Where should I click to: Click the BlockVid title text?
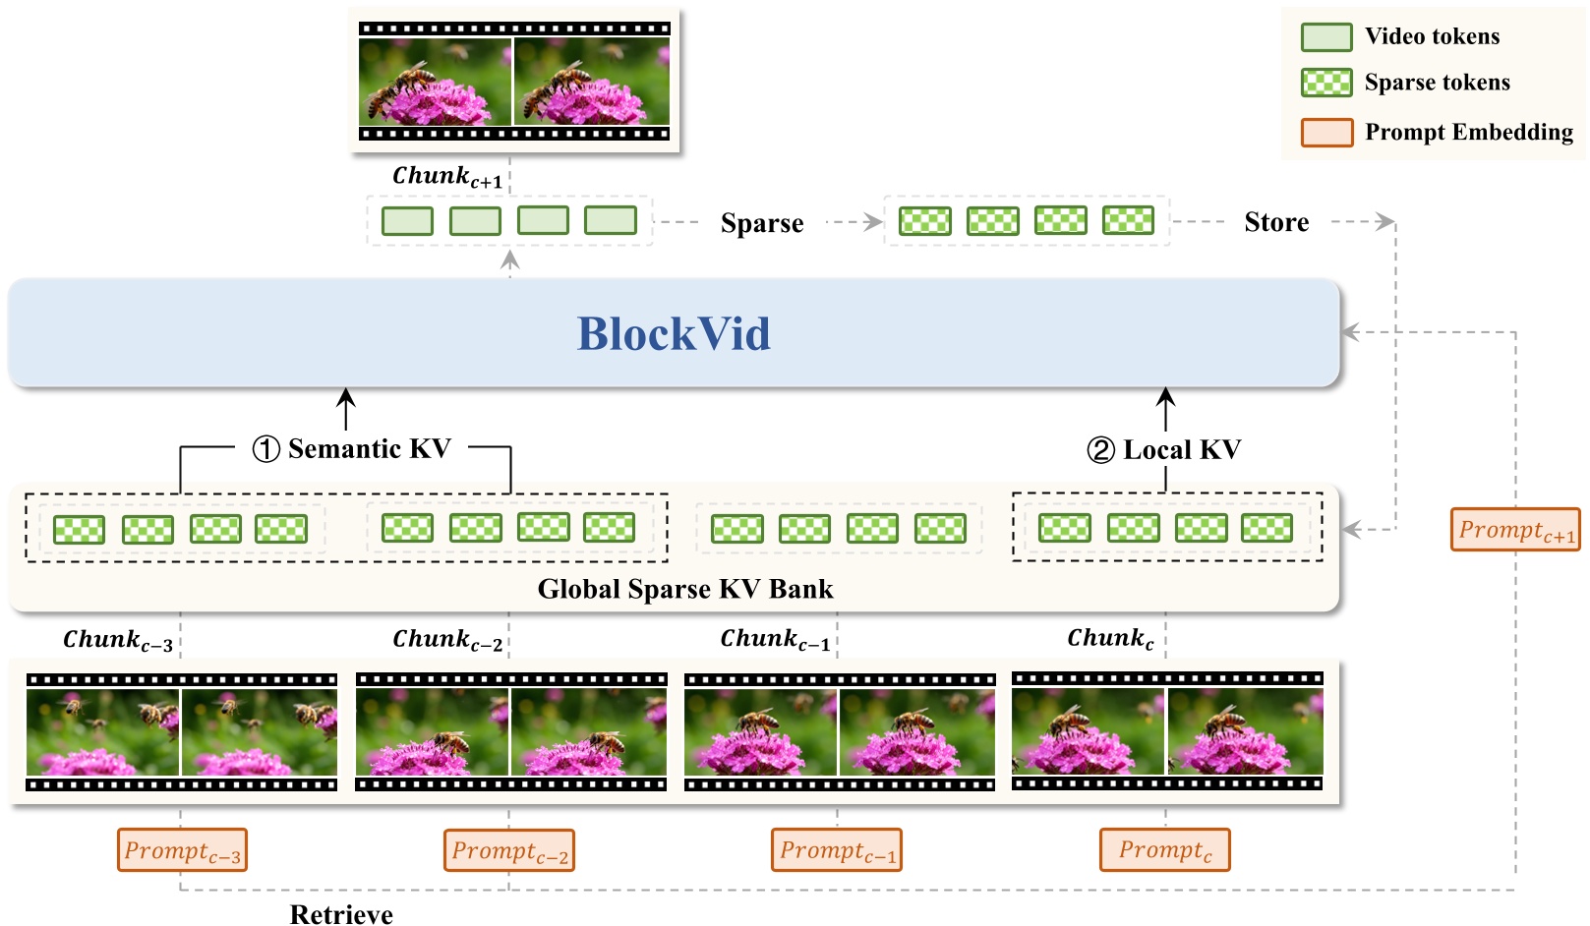pyautogui.click(x=674, y=333)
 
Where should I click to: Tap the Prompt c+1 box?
pyautogui.click(x=1515, y=530)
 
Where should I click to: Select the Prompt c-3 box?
pyautogui.click(x=182, y=850)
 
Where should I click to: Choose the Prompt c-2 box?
pyautogui.click(x=509, y=850)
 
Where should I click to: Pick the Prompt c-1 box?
pyautogui.click(x=837, y=850)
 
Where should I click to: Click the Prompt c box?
pyautogui.click(x=1164, y=850)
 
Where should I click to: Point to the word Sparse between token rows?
pyautogui.click(x=762, y=223)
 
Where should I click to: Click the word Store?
pyautogui.click(x=1276, y=222)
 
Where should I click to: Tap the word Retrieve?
pyautogui.click(x=341, y=914)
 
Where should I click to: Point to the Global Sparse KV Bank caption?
pyautogui.click(x=685, y=589)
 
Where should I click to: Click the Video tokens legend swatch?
pyautogui.click(x=1326, y=37)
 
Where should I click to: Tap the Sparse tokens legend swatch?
pyautogui.click(x=1326, y=83)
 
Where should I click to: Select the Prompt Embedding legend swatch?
pyautogui.click(x=1326, y=132)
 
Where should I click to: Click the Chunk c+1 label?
pyautogui.click(x=447, y=177)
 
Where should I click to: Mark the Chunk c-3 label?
pyautogui.click(x=118, y=641)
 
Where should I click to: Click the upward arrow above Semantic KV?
pyautogui.click(x=346, y=407)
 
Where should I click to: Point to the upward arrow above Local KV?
pyautogui.click(x=1165, y=407)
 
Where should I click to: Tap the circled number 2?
pyautogui.click(x=1100, y=450)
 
